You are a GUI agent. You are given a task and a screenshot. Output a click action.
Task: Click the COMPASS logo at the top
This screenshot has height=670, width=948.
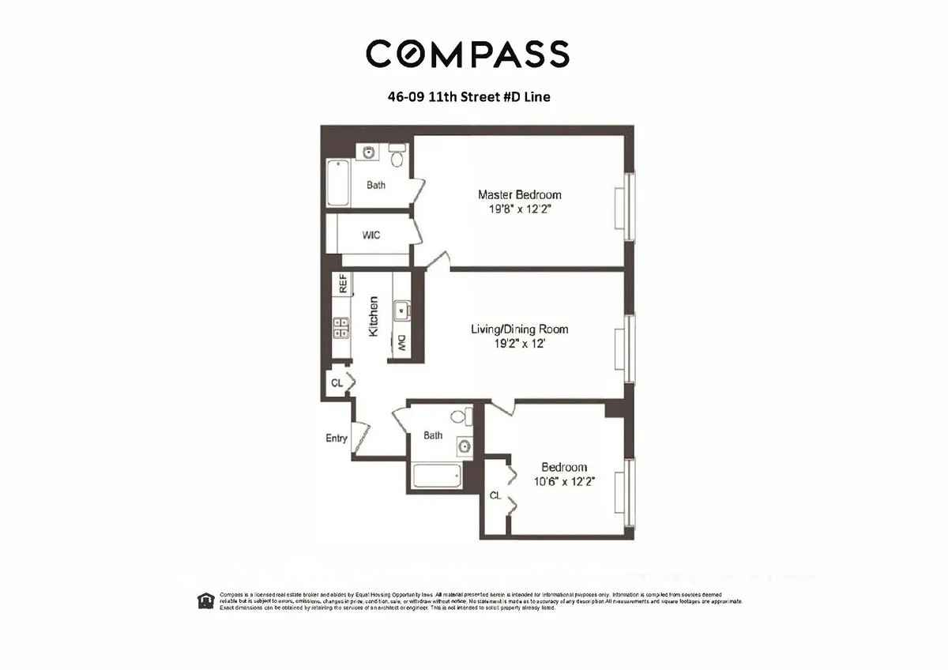coord(467,54)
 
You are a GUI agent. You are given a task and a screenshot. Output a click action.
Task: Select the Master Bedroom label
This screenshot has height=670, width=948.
coord(519,194)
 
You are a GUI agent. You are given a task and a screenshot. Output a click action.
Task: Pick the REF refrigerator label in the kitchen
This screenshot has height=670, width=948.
coord(343,283)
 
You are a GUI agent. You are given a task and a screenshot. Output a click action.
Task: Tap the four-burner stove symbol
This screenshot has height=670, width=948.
coord(341,327)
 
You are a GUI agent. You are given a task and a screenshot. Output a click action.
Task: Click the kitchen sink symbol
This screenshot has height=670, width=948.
coord(401,310)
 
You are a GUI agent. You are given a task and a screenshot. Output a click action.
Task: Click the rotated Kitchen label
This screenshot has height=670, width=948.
coord(374,316)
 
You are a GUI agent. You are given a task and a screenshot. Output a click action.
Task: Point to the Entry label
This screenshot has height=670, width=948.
coord(336,438)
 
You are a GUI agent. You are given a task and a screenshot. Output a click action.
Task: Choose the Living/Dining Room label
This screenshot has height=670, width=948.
coord(519,329)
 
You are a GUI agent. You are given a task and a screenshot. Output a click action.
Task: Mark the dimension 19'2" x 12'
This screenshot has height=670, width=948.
coord(519,344)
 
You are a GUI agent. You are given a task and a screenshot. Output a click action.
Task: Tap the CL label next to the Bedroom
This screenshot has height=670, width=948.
coord(495,495)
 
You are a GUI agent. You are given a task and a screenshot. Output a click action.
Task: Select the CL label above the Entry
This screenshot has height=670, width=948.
coord(337,383)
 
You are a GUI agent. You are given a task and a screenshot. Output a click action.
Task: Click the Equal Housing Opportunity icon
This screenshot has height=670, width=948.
coord(205,600)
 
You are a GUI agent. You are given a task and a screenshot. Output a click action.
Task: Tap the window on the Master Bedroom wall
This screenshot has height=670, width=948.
coord(630,205)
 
